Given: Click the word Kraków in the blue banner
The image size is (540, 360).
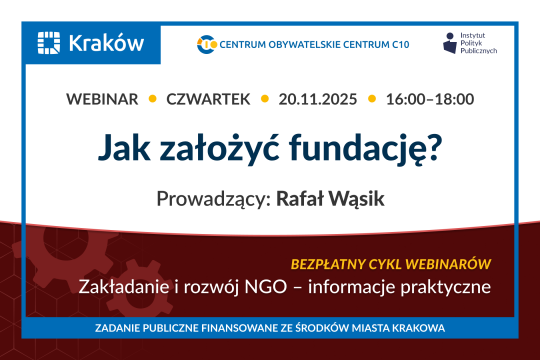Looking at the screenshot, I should click(x=105, y=43).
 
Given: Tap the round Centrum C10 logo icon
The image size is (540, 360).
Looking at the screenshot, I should click(x=208, y=43).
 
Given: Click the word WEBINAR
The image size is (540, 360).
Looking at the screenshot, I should click(x=103, y=99).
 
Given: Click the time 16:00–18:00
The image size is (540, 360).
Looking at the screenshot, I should click(x=430, y=99).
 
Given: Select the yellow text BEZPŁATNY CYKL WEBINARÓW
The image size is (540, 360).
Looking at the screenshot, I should click(x=390, y=264).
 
